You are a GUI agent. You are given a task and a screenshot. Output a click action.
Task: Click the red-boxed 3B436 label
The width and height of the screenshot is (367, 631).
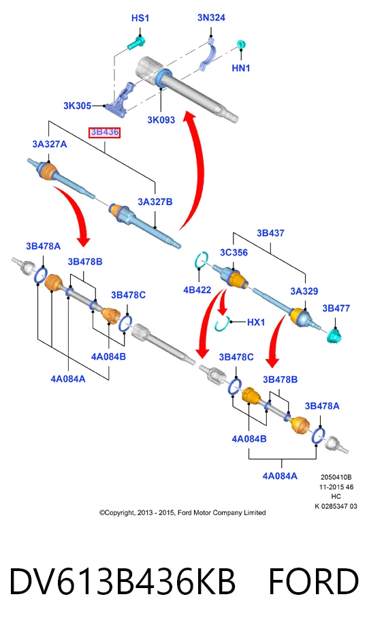[x=104, y=132]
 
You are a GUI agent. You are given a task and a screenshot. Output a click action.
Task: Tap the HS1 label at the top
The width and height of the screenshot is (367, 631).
[x=140, y=18]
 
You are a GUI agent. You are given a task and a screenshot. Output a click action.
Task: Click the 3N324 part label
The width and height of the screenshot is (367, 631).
[x=211, y=18]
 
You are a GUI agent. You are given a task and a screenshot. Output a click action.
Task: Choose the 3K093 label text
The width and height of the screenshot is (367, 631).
[x=161, y=119]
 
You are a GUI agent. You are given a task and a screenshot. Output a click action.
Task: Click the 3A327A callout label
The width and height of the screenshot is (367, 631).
[x=50, y=144]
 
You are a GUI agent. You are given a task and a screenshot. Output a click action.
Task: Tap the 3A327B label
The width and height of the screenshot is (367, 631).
[x=155, y=202]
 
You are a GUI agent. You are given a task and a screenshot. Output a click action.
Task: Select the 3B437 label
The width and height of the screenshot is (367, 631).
[x=270, y=233]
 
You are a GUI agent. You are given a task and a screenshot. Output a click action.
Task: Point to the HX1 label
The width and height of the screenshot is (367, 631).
[x=255, y=322]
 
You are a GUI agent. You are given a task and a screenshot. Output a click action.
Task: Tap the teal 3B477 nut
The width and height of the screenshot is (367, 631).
[x=334, y=335]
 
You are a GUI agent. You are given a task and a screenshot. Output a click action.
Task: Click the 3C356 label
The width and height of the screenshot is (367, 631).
[x=234, y=253]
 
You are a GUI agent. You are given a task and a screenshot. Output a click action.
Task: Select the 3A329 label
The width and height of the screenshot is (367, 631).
[x=304, y=291]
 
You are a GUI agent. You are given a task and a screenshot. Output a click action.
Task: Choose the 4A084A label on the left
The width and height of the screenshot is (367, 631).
[x=68, y=379]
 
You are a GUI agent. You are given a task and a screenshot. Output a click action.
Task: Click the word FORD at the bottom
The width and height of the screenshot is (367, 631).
[x=313, y=581]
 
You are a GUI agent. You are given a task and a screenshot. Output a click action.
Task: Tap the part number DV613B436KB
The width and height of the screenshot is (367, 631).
[x=122, y=581]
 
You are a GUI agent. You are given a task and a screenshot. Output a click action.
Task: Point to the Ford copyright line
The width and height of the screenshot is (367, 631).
[x=182, y=512]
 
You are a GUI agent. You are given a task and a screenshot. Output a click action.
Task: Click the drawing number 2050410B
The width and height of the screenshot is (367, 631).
[x=336, y=477]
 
